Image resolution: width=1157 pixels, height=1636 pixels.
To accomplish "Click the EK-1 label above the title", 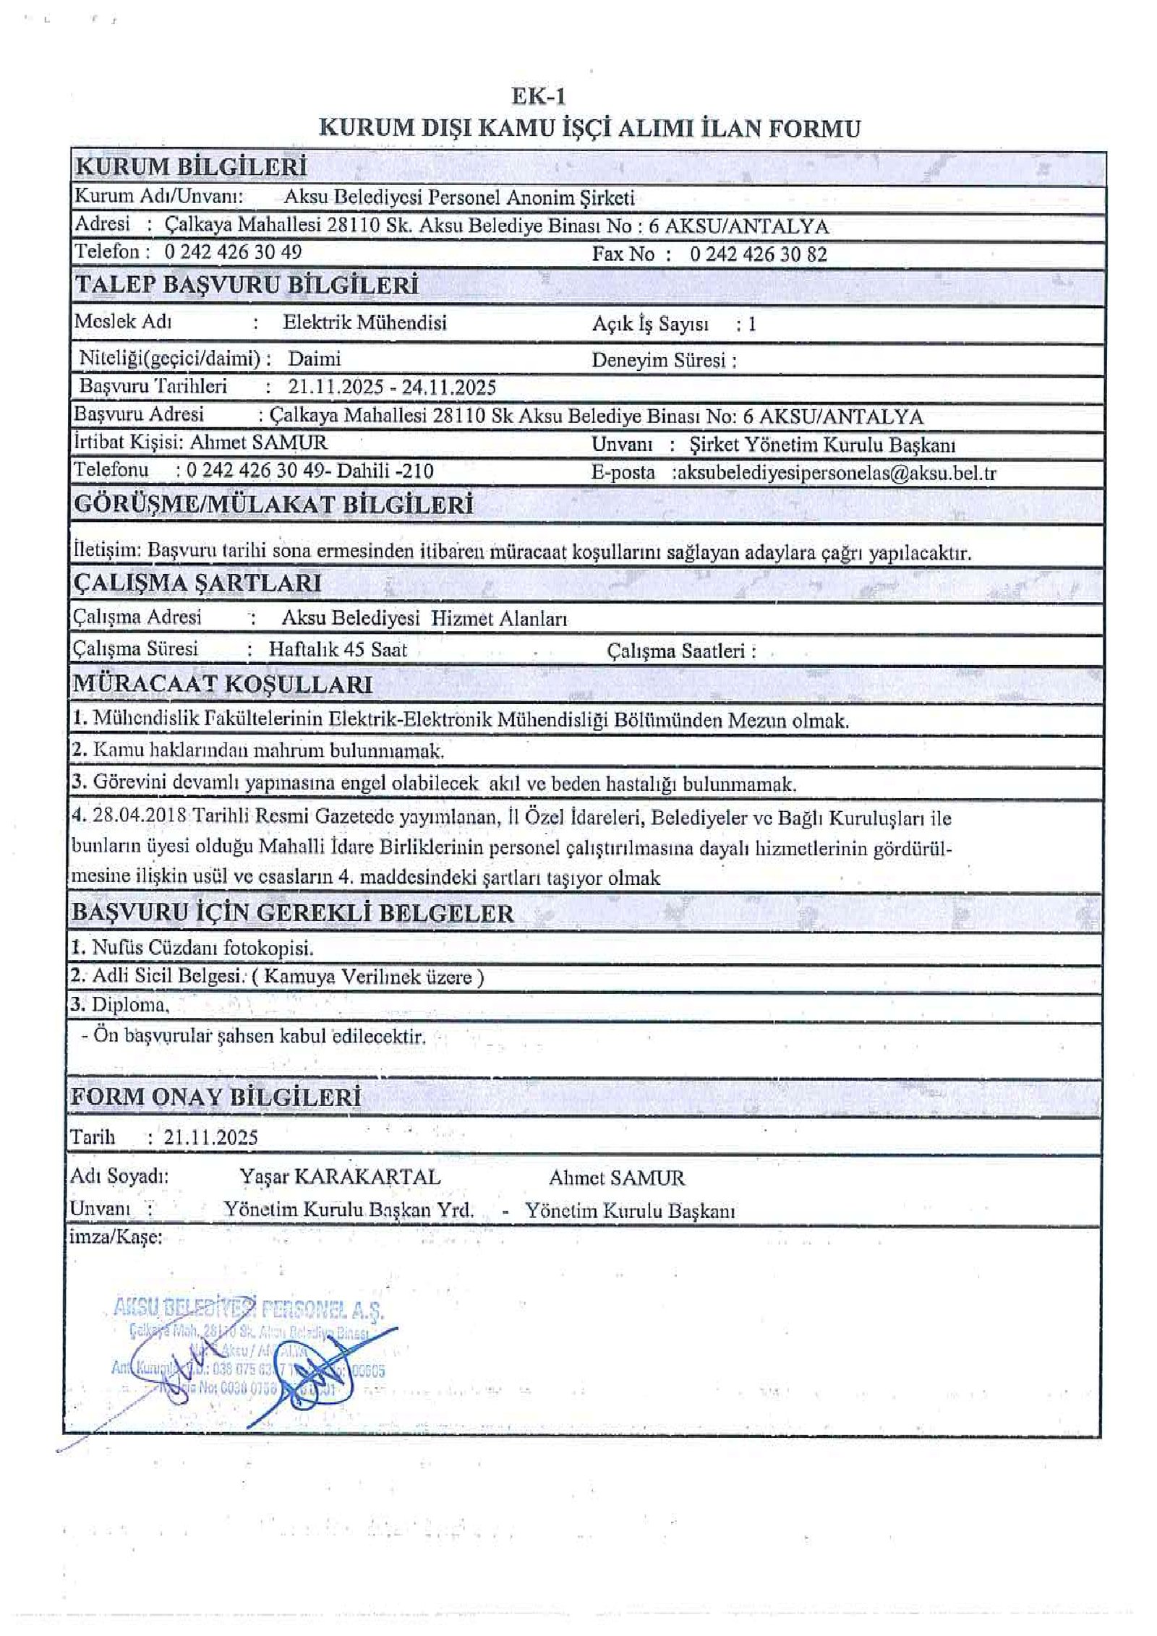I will pos(538,97).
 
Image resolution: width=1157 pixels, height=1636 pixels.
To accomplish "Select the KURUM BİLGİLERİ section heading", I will pos(191,167).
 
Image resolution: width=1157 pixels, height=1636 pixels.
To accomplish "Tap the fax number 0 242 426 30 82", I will pos(758,254).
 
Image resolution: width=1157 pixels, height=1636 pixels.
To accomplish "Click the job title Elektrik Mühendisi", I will pos(364,322).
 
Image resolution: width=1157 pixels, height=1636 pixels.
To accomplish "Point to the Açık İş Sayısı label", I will pos(650,325).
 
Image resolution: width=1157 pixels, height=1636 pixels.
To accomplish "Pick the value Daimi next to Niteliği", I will pos(315,359).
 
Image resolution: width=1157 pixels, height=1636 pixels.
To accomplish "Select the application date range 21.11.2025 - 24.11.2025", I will pos(392,387).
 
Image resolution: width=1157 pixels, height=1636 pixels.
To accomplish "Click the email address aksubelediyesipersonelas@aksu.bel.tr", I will pos(836,474).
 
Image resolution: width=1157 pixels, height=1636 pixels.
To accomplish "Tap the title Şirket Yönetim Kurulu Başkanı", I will pos(822,445).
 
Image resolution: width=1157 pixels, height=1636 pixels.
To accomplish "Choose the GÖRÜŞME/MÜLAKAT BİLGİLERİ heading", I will pos(274,505).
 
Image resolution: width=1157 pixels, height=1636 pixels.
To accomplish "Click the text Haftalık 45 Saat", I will pos(338,649).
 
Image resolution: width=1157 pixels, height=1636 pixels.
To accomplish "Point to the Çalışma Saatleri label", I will pos(681,651).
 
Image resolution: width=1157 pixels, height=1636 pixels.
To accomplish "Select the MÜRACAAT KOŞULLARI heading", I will pos(223,684).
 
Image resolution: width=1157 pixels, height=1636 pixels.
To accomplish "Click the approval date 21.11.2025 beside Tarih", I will pos(210,1137).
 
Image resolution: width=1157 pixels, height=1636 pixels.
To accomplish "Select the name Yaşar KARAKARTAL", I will pos(340,1177).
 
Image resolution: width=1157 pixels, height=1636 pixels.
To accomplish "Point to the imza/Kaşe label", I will pos(116,1237).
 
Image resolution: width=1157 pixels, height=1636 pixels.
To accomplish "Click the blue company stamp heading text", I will pos(249,1309).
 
